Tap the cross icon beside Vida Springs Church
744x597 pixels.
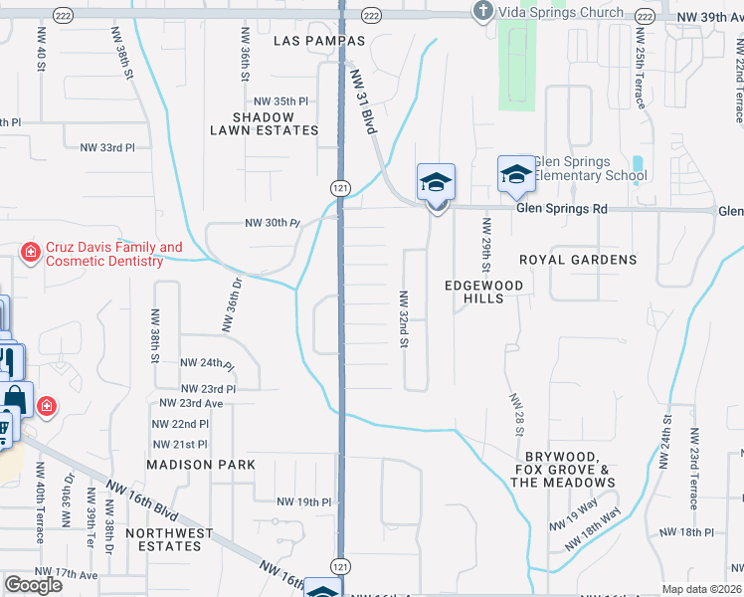pyautogui.click(x=482, y=12)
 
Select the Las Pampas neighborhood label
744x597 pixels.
pyautogui.click(x=318, y=41)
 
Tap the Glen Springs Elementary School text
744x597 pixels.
pyautogui.click(x=590, y=169)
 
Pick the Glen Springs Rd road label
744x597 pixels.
pyautogui.click(x=561, y=209)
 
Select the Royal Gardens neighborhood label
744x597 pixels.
pyautogui.click(x=578, y=260)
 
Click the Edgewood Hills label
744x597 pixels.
pyautogui.click(x=483, y=291)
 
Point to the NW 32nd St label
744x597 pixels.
pyautogui.click(x=405, y=318)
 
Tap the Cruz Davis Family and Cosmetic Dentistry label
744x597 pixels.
pyautogui.click(x=104, y=254)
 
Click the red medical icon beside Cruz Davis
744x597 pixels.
pyautogui.click(x=31, y=253)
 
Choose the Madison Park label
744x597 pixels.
pyautogui.click(x=201, y=465)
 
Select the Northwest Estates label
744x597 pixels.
pyautogui.click(x=169, y=539)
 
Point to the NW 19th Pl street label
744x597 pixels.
pyautogui.click(x=303, y=502)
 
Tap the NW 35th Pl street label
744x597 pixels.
pyautogui.click(x=281, y=101)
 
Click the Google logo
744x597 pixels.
pyautogui.click(x=33, y=585)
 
